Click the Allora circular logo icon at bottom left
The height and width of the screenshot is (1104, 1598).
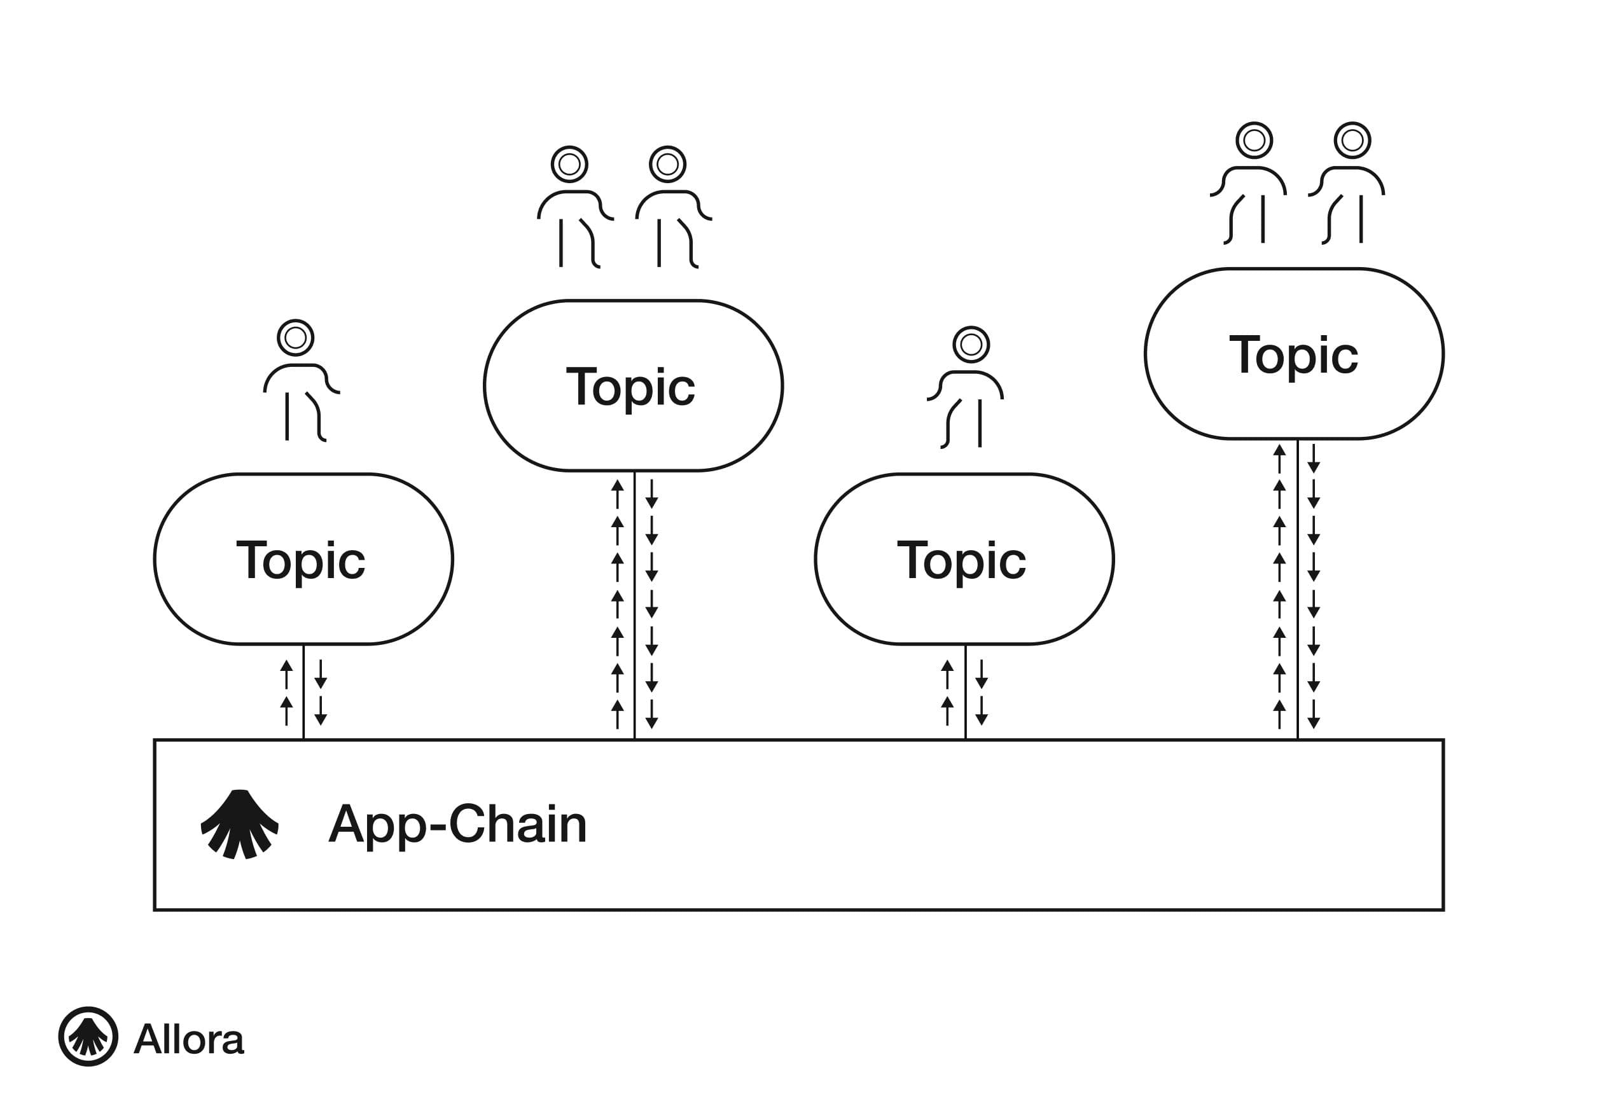[x=88, y=1036]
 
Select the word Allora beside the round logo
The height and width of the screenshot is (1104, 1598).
[x=189, y=1038]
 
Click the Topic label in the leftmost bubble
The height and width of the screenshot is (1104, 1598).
[x=301, y=560]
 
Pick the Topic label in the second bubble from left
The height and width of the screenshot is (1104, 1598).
[x=630, y=387]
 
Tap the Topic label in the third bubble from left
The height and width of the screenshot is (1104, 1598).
[x=962, y=560]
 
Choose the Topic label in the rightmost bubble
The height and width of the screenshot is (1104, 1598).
[x=1293, y=355]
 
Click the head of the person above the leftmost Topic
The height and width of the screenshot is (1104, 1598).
[x=295, y=338]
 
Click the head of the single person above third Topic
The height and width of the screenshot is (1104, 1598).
[x=971, y=345]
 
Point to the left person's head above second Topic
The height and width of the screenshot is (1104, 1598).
[x=569, y=164]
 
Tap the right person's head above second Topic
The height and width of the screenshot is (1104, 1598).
[x=667, y=164]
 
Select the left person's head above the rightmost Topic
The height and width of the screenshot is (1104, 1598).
[x=1254, y=141]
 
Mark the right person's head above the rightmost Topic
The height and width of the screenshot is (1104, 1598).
[x=1352, y=141]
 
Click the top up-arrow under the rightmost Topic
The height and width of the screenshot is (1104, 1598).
[x=1279, y=457]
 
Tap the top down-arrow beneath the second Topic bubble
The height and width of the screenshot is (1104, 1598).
[x=651, y=494]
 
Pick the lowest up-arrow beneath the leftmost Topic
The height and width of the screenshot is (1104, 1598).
[x=286, y=710]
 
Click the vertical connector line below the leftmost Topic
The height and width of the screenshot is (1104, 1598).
[x=303, y=691]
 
